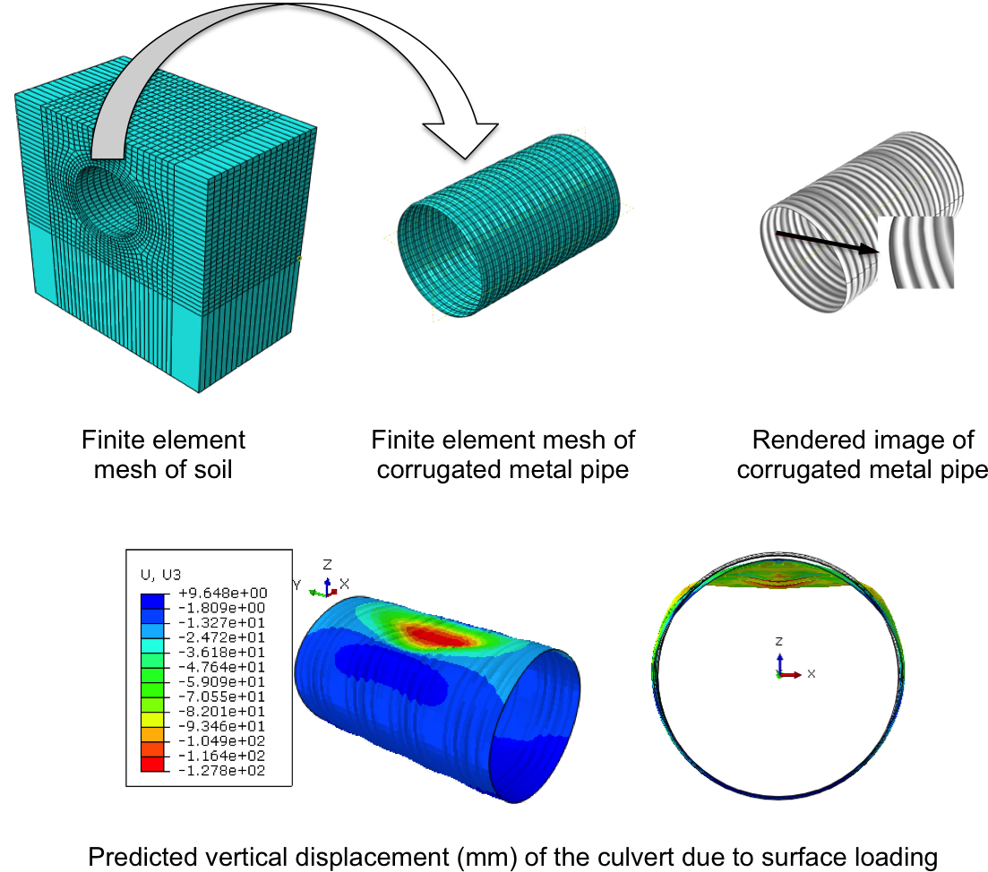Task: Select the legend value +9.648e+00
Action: point(222,594)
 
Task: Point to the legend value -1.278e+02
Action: point(222,771)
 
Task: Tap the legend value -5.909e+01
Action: point(222,682)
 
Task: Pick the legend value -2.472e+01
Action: point(222,637)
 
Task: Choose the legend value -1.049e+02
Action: point(222,741)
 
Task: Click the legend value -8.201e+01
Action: point(222,712)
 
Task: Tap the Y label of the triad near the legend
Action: point(296,585)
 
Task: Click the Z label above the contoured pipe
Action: point(328,565)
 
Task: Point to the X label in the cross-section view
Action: point(811,673)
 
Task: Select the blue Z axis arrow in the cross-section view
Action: point(780,662)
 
